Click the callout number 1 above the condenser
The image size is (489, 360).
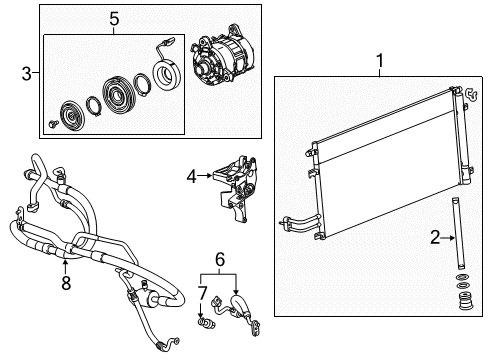pyautogui.click(x=380, y=61)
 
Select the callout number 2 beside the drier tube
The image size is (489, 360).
pyautogui.click(x=435, y=238)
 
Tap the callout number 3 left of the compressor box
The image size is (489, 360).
pyautogui.click(x=27, y=73)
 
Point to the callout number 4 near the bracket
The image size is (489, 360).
pyautogui.click(x=192, y=176)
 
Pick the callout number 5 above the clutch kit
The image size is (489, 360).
pyautogui.click(x=114, y=19)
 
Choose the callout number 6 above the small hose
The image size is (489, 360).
pyautogui.click(x=220, y=259)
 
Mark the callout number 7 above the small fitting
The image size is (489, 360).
pyautogui.click(x=203, y=293)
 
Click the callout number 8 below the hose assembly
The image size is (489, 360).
pyautogui.click(x=66, y=283)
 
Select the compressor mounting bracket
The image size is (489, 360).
pyautogui.click(x=236, y=187)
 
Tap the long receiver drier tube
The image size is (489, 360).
pyautogui.click(x=457, y=233)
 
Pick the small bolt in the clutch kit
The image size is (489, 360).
pyautogui.click(x=53, y=124)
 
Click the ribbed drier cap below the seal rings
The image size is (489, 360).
pyautogui.click(x=465, y=300)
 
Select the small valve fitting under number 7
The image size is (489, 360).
pyautogui.click(x=206, y=322)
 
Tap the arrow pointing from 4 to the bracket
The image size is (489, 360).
pyautogui.click(x=205, y=175)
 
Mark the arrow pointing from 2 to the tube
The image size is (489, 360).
pyautogui.click(x=448, y=238)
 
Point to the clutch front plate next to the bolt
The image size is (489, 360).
pyautogui.click(x=72, y=115)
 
